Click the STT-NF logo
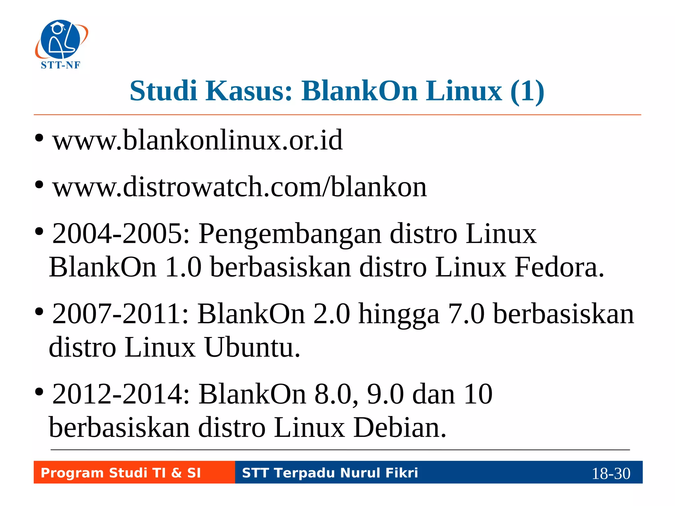point(61,44)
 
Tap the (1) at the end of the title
point(527,92)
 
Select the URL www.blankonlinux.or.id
point(197,140)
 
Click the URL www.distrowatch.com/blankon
point(240,187)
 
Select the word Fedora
point(559,267)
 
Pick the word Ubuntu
point(252,347)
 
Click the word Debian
point(399,428)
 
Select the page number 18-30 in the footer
point(611,474)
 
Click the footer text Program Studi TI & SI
point(121,473)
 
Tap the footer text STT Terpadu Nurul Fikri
point(330,473)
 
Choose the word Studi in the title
point(163,91)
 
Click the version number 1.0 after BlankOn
point(183,267)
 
